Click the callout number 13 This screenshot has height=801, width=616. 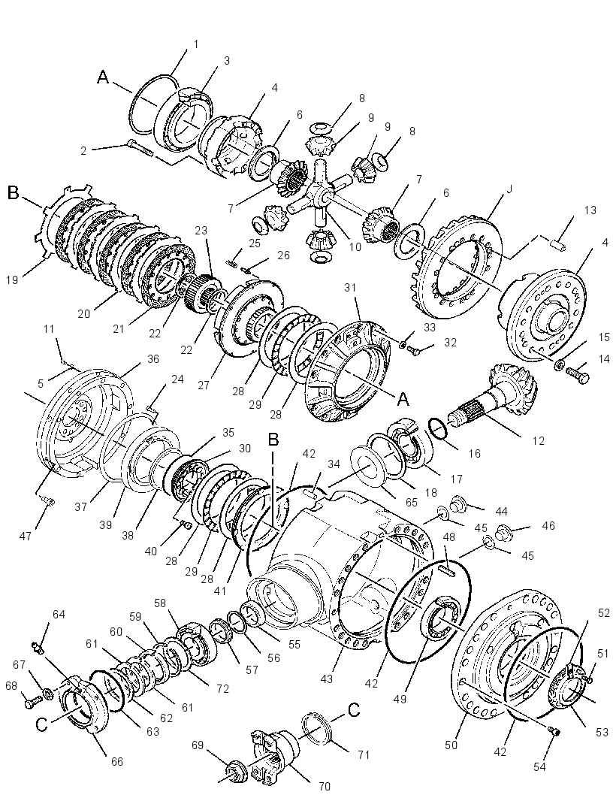tap(590, 210)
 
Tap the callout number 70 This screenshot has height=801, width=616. tap(325, 786)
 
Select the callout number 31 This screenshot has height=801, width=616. tap(350, 288)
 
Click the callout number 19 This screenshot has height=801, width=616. tap(13, 280)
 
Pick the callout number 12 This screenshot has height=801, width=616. tap(539, 441)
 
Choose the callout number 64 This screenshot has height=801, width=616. tap(59, 614)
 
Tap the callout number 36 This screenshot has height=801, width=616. tap(153, 359)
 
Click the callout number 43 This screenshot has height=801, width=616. tap(326, 679)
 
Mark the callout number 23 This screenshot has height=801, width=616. tap(201, 231)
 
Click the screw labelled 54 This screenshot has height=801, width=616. tap(553, 731)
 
